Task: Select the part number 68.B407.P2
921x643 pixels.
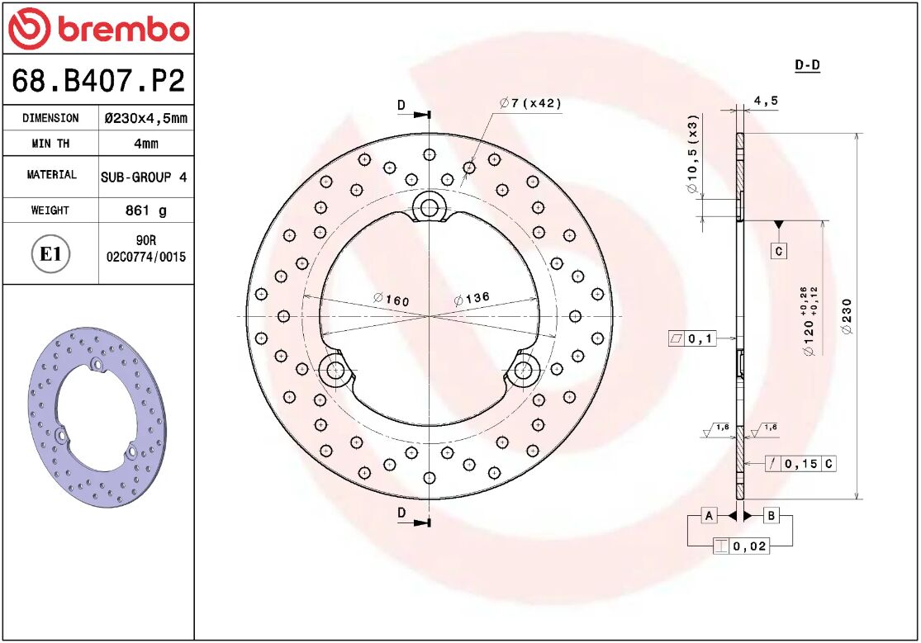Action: (97, 81)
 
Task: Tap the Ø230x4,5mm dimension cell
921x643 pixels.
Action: (145, 118)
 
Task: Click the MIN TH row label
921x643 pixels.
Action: (50, 144)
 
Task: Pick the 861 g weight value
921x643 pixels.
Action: (145, 210)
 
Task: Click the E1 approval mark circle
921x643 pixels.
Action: (50, 254)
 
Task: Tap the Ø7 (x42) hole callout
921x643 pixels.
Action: (529, 103)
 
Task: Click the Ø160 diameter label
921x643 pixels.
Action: (391, 300)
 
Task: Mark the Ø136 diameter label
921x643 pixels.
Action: (472, 299)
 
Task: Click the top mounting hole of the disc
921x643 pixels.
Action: (429, 206)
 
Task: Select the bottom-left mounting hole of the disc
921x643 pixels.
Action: (335, 370)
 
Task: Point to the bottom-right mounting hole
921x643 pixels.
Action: (522, 370)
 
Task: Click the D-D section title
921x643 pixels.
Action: (806, 65)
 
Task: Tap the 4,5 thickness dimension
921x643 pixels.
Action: (766, 102)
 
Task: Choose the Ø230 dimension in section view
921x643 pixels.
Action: (847, 316)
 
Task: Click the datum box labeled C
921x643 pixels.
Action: (778, 250)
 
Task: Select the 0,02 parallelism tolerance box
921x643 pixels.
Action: (741, 546)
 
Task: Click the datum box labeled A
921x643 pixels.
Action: (708, 516)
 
